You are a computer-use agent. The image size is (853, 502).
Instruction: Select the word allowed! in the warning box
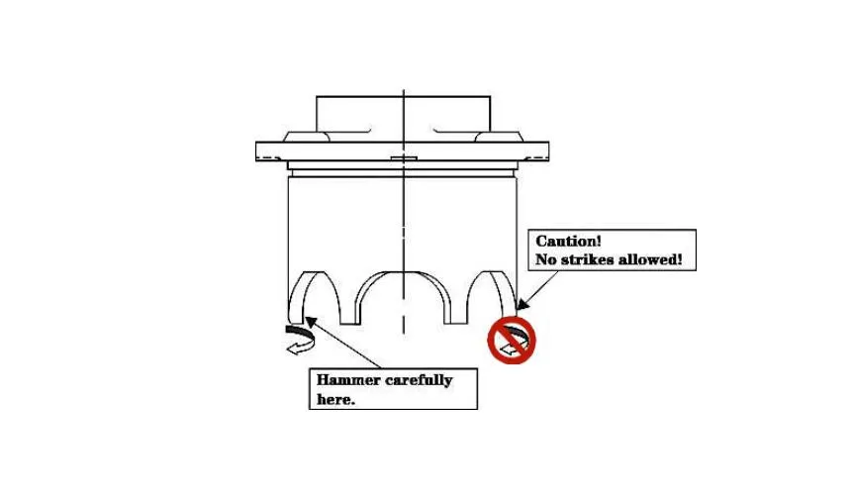656,260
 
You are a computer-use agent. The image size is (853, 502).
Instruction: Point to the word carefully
420,380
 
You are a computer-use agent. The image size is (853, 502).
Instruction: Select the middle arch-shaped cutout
404,298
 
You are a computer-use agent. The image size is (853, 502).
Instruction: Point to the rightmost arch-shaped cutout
492,295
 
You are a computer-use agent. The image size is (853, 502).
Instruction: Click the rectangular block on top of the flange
403,114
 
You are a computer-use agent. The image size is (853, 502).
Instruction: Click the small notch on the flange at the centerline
404,159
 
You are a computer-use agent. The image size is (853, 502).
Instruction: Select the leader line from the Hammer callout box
346,342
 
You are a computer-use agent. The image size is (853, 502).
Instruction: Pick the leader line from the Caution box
539,287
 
